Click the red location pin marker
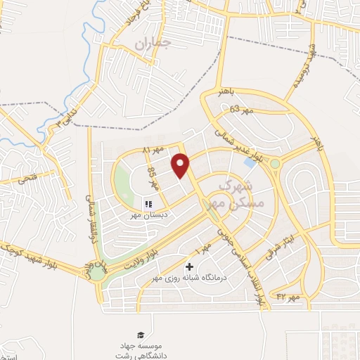coord(181,165)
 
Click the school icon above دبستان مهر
coord(149,205)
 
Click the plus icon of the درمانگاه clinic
coord(189,267)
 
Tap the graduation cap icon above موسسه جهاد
coord(140,335)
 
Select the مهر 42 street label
coord(288,297)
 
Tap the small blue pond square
coord(250,162)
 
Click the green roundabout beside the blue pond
coord(275,164)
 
